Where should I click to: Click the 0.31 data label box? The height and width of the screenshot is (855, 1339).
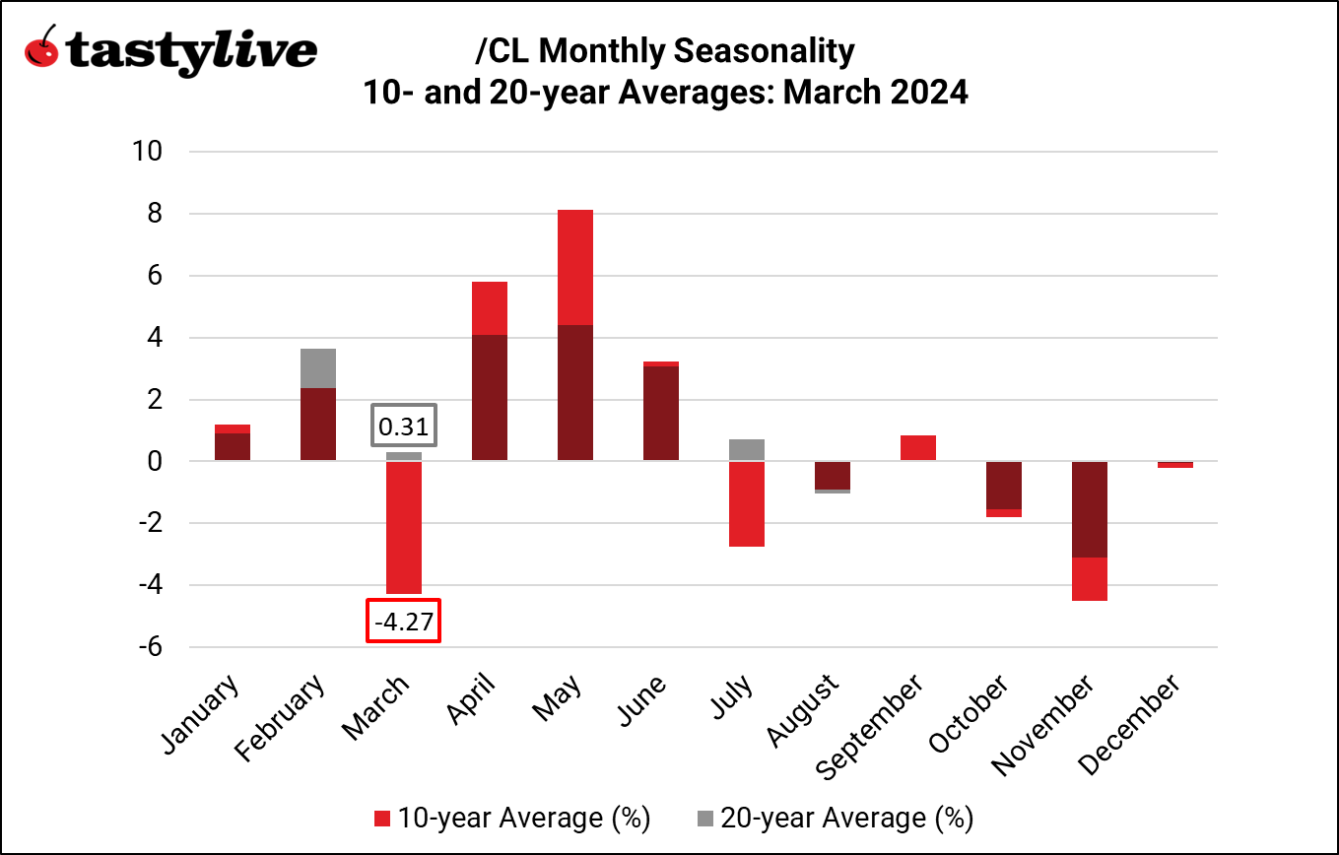click(x=404, y=427)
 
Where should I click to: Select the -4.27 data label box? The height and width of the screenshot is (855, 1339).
click(x=403, y=622)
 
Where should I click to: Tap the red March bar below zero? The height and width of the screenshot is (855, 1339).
click(x=404, y=527)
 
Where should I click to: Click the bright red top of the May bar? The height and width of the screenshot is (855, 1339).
click(x=575, y=267)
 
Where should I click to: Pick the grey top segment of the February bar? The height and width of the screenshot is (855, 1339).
click(x=318, y=368)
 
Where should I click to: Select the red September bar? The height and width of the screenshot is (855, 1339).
click(x=918, y=448)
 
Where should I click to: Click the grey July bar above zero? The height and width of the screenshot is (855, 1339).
click(x=747, y=450)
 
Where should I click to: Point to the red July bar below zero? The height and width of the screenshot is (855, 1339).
click(x=747, y=504)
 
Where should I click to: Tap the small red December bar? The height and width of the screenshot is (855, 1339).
click(x=1175, y=465)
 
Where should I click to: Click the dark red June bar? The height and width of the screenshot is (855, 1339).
click(x=661, y=414)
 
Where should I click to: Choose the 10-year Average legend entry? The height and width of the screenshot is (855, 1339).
click(x=512, y=818)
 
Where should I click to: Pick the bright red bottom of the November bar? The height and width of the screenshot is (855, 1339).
click(x=1090, y=579)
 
